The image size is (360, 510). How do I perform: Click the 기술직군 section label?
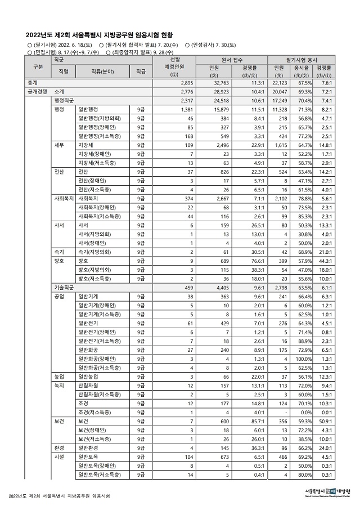(66, 287)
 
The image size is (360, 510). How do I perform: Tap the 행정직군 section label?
(66, 100)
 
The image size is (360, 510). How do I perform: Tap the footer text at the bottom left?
(59, 496)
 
